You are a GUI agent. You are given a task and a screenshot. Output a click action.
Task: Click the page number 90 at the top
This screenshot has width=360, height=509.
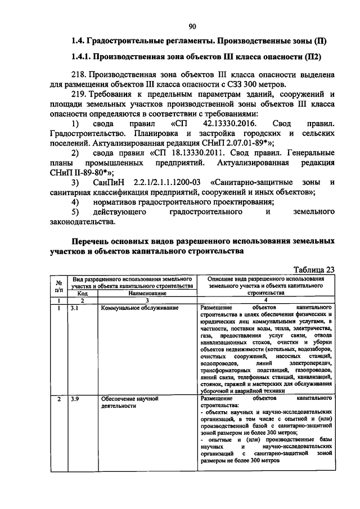point(192,26)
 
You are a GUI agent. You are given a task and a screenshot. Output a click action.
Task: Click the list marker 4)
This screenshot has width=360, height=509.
point(77,201)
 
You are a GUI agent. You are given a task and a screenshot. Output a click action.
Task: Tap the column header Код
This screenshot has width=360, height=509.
point(82,293)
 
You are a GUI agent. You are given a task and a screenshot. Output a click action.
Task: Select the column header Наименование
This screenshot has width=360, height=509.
point(147,293)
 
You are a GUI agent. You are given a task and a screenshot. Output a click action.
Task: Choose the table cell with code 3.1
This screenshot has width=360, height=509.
point(74,308)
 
